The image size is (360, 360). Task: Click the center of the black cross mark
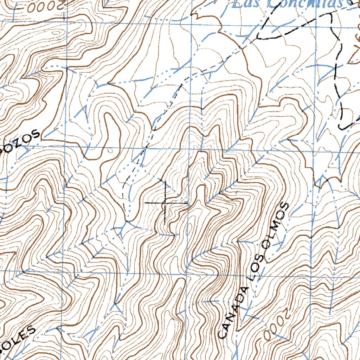(165, 203)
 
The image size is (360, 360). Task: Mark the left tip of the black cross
(145, 203)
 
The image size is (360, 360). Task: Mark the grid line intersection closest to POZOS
(65, 146)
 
